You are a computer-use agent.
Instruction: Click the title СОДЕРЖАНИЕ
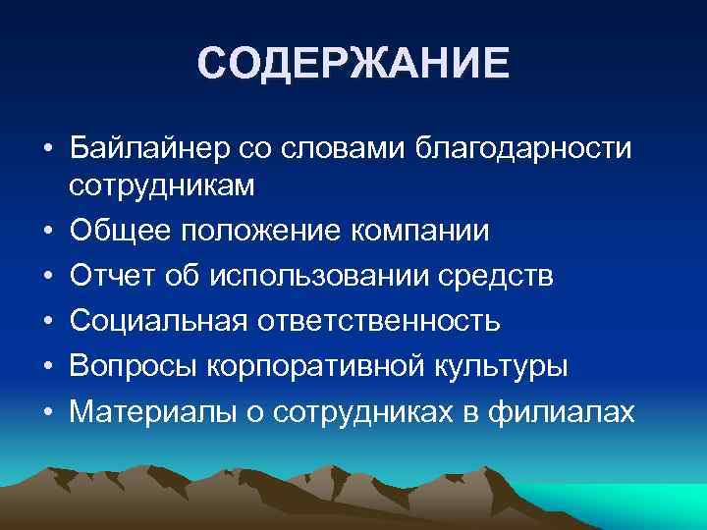pos(353,64)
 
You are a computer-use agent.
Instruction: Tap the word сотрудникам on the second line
pos(163,185)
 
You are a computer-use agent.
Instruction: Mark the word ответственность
pos(380,321)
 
